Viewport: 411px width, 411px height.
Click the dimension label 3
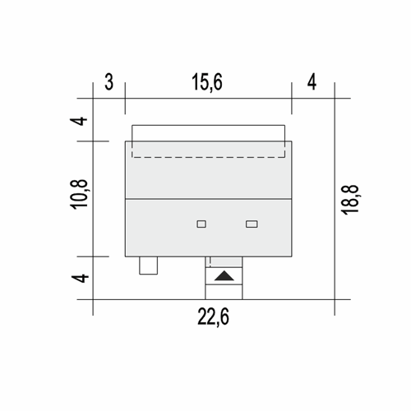pyautogui.click(x=109, y=82)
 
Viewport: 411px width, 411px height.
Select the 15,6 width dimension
pyautogui.click(x=207, y=82)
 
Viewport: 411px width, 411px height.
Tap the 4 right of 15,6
pyautogui.click(x=312, y=82)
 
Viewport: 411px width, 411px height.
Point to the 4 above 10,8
pyautogui.click(x=79, y=121)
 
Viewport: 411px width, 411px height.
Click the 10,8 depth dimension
pyautogui.click(x=80, y=195)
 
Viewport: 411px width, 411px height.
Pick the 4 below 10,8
pyautogui.click(x=80, y=278)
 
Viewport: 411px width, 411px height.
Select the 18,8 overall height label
pyautogui.click(x=350, y=200)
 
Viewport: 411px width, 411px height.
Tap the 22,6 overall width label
pyautogui.click(x=213, y=317)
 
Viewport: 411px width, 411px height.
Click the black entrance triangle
pyautogui.click(x=224, y=276)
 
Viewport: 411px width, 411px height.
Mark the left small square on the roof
pyautogui.click(x=201, y=224)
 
